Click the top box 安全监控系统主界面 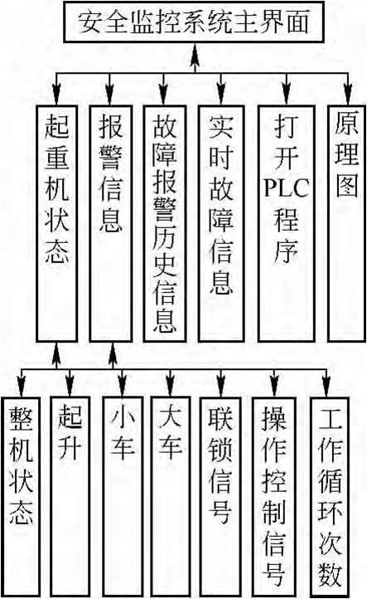tap(194, 22)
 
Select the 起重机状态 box tap(57, 223)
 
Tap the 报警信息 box tap(111, 223)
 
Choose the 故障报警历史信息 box tap(164, 223)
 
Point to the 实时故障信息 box tap(221, 223)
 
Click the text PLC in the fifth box tap(286, 187)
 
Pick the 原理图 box tap(347, 223)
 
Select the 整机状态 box tap(20, 496)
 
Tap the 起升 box tap(70, 496)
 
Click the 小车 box tap(123, 496)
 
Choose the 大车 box tap(170, 496)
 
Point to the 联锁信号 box tap(220, 496)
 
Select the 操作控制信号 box tap(273, 496)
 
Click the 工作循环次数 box tap(330, 496)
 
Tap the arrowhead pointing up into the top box tap(195, 51)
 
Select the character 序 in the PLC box tap(286, 251)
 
